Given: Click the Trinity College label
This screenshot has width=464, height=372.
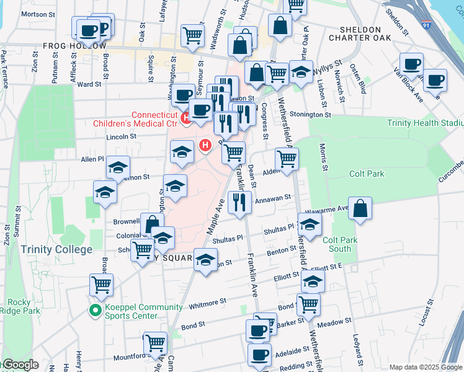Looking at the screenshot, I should point(56,249).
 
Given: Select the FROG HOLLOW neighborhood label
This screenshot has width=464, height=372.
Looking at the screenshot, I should point(74,46).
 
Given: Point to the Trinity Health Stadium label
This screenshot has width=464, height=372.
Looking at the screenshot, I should point(424,123).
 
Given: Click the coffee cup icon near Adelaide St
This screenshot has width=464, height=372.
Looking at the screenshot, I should point(259,355).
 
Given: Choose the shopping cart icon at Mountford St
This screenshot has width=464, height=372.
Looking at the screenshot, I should point(155,343).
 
